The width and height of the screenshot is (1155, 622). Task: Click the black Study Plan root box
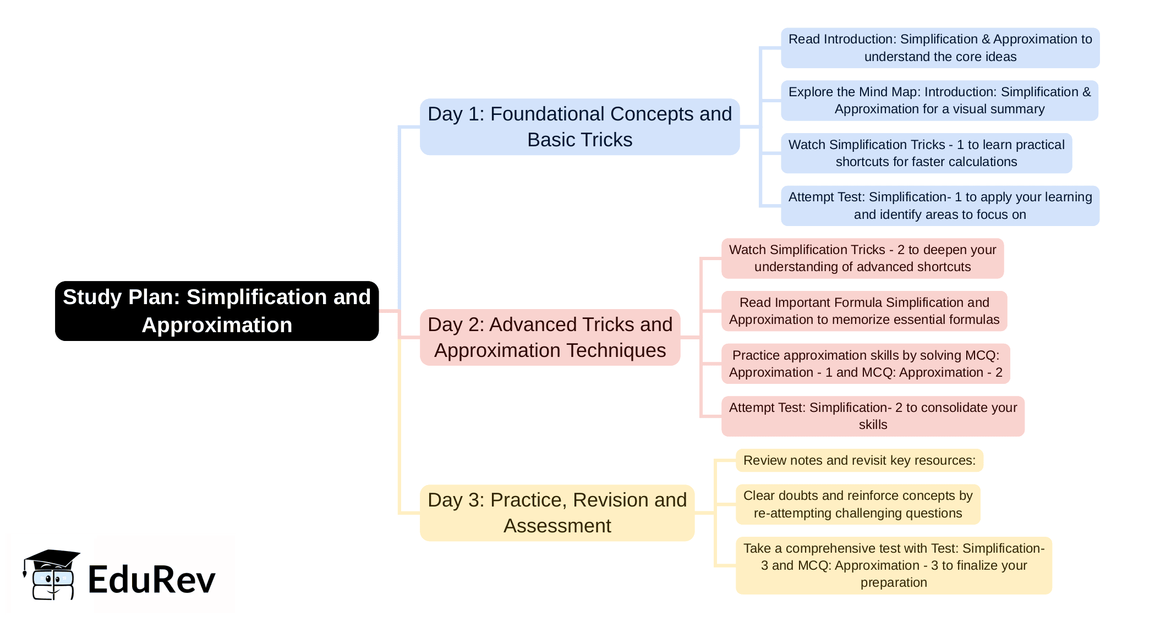tap(217, 311)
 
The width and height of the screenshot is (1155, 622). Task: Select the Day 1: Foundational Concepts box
tap(579, 127)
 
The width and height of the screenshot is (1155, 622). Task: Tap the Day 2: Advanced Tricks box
tap(550, 337)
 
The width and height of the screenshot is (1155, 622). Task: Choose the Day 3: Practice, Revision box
tap(557, 513)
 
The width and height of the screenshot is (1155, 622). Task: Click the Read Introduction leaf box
tap(940, 48)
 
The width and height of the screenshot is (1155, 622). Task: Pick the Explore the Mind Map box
tap(939, 101)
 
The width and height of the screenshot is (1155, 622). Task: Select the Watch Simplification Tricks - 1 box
tap(926, 153)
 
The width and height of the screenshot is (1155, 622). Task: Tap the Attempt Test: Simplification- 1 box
tap(940, 206)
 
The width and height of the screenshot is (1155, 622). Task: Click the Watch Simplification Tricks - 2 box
tap(862, 258)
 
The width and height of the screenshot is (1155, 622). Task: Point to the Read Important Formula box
tap(864, 311)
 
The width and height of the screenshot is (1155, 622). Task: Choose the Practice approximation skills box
tap(866, 364)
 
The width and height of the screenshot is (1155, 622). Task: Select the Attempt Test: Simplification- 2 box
tap(873, 416)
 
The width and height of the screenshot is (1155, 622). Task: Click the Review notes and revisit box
tap(859, 460)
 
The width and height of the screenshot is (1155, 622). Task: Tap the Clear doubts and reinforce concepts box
tap(858, 504)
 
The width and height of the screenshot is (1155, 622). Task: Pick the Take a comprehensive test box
tap(894, 565)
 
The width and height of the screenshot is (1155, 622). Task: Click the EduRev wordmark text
tap(151, 580)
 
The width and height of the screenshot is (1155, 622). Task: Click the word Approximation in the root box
tap(217, 325)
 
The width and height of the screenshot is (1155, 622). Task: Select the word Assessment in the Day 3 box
tap(557, 526)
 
